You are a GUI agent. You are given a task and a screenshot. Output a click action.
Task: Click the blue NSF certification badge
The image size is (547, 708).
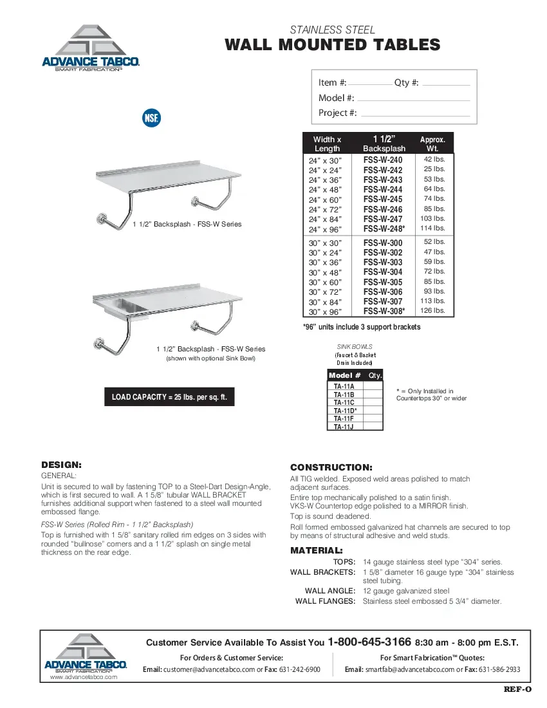pyautogui.click(x=151, y=118)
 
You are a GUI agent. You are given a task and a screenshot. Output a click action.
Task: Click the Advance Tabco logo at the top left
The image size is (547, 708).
pyautogui.click(x=91, y=48)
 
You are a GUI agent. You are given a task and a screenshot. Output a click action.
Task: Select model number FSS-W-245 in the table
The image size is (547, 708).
pyautogui.click(x=383, y=200)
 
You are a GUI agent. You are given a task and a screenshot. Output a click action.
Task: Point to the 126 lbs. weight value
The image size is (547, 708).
pyautogui.click(x=432, y=311)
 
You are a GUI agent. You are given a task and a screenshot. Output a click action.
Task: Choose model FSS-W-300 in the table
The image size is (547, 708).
pyautogui.click(x=383, y=243)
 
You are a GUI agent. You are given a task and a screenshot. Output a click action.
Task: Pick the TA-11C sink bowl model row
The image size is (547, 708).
pyautogui.click(x=344, y=402)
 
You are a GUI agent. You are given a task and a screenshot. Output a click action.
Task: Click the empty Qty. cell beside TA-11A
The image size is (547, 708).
pyautogui.click(x=374, y=386)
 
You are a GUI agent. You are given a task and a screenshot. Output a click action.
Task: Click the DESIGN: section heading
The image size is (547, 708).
pyautogui.click(x=62, y=464)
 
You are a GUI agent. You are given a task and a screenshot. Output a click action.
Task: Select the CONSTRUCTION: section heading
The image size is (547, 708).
pyautogui.click(x=331, y=467)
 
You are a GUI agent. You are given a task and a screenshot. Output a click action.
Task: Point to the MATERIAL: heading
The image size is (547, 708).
pyautogui.click(x=317, y=551)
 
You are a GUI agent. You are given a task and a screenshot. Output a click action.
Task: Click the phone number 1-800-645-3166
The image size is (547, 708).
pyautogui.click(x=369, y=642)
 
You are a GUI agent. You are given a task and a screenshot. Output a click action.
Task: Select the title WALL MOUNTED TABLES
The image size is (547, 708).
pyautogui.click(x=333, y=45)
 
